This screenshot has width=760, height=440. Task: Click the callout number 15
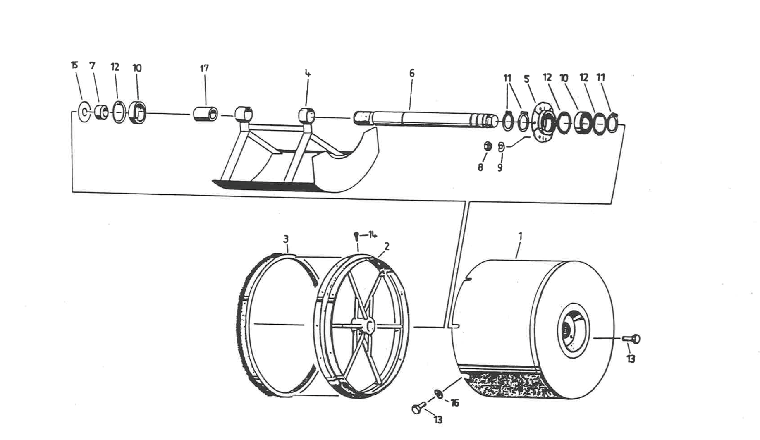tap(74, 65)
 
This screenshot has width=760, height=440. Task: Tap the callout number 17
tap(204, 68)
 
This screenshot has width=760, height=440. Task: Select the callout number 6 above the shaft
tap(412, 73)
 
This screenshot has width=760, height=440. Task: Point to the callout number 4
tap(308, 74)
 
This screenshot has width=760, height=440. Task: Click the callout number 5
tap(526, 79)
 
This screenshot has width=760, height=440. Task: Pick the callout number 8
tap(480, 167)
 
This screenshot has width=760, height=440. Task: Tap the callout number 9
tap(500, 167)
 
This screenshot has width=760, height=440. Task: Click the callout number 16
tap(455, 403)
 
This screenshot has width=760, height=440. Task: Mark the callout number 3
tap(286, 239)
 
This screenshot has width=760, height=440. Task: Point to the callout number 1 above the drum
tap(520, 236)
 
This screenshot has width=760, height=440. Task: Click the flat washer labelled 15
tap(84, 112)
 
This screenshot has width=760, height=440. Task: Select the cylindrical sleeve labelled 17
tap(206, 114)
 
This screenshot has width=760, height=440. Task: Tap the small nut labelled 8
tap(488, 146)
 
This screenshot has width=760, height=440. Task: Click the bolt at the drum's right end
tap(632, 339)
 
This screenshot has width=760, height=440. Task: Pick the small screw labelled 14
tap(356, 236)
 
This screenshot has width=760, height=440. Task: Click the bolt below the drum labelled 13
tap(418, 408)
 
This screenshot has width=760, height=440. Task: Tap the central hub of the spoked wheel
tap(364, 325)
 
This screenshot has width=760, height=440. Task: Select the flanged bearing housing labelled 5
tap(543, 123)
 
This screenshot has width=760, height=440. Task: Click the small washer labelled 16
tap(439, 393)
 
